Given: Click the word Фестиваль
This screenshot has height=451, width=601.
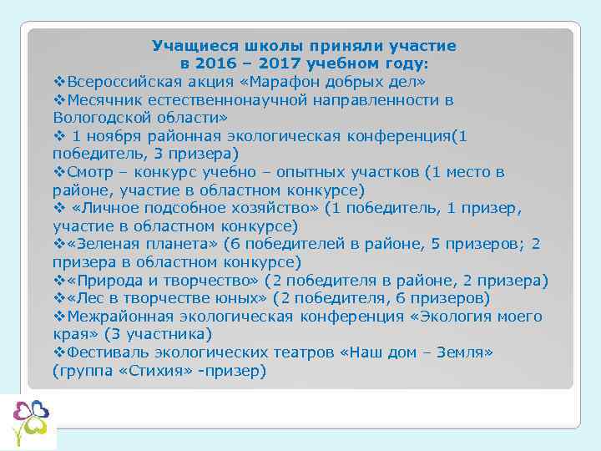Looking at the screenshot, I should tap(105, 352).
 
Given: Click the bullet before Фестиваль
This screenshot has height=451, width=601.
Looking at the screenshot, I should tap(58, 352).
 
